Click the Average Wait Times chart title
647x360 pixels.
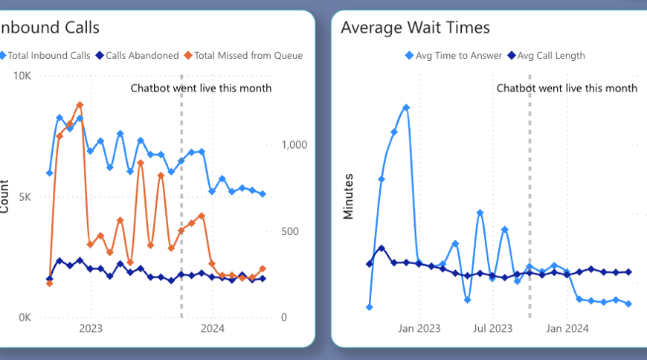pyautogui.click(x=415, y=28)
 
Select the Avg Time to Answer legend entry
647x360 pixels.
pyautogui.click(x=454, y=55)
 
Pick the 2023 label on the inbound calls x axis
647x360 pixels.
pyautogui.click(x=91, y=328)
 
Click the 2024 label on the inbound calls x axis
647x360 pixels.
pyautogui.click(x=213, y=328)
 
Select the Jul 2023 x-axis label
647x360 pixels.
pyautogui.click(x=493, y=328)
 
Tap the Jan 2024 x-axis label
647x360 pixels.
pyautogui.click(x=567, y=328)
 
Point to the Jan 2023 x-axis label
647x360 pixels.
pyautogui.click(x=419, y=328)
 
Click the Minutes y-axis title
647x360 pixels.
pyautogui.click(x=347, y=197)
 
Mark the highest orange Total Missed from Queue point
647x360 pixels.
pyautogui.click(x=80, y=105)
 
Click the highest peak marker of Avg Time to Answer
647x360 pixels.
pyautogui.click(x=406, y=107)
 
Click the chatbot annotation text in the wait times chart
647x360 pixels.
pyautogui.click(x=567, y=88)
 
